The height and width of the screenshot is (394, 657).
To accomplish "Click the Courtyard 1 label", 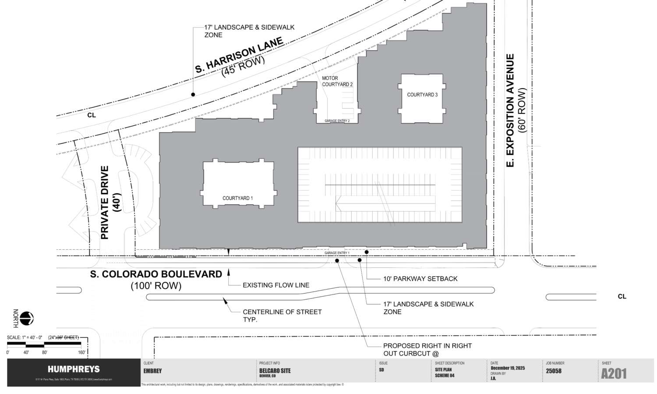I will [237, 198].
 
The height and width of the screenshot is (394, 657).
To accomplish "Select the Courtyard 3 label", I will [422, 95].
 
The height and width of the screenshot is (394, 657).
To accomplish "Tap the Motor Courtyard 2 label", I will [337, 81].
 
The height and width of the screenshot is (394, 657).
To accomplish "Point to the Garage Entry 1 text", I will [337, 253].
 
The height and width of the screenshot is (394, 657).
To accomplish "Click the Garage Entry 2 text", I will [337, 121].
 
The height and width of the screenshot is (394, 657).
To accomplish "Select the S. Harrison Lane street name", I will [239, 55].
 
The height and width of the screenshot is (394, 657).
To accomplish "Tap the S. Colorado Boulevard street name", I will [156, 274].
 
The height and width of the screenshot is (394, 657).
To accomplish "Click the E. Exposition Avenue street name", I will [510, 110].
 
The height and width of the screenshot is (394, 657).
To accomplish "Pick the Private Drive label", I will [105, 202].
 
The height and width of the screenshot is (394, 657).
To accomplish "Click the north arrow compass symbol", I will [27, 318].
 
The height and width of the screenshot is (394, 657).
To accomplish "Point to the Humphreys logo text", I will [74, 369].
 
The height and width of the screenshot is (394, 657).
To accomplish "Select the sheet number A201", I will [614, 374].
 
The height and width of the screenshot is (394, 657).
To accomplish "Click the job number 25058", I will [554, 371].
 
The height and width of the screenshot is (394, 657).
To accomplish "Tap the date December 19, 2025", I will [507, 368].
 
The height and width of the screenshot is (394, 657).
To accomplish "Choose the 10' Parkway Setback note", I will [420, 279].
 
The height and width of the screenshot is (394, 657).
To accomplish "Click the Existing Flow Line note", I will [276, 285].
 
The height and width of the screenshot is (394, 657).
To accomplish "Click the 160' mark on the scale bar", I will [82, 352].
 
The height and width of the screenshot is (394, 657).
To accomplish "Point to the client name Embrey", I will [152, 371].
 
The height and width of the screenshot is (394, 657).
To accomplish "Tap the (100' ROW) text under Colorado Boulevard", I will [156, 286].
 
